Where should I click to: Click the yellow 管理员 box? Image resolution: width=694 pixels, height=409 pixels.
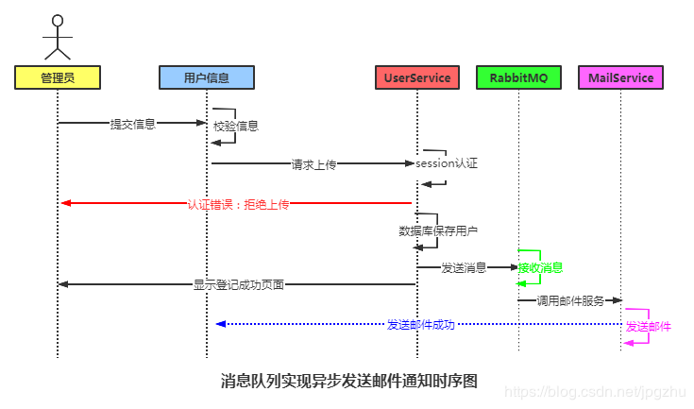pyautogui.click(x=58, y=77)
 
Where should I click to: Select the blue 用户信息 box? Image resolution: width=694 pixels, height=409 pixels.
pyautogui.click(x=206, y=77)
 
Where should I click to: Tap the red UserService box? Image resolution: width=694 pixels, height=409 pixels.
pyautogui.click(x=416, y=77)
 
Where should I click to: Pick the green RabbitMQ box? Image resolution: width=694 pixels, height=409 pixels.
pyautogui.click(x=518, y=77)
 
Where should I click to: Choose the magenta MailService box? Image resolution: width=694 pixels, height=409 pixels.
pyautogui.click(x=620, y=77)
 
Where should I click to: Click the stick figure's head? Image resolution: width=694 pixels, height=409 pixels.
pyautogui.click(x=58, y=21)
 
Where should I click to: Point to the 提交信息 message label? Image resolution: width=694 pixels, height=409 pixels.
pyautogui.click(x=133, y=123)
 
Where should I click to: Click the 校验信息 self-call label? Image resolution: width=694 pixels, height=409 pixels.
pyautogui.click(x=236, y=126)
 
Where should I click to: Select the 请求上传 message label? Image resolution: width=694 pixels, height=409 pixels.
pyautogui.click(x=313, y=163)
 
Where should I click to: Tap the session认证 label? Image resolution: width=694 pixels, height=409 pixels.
pyautogui.click(x=447, y=163)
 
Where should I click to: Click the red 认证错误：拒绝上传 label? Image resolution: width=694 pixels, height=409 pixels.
pyautogui.click(x=238, y=203)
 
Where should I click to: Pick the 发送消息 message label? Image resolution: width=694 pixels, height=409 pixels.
pyautogui.click(x=464, y=268)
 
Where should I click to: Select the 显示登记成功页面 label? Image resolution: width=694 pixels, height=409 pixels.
pyautogui.click(x=239, y=284)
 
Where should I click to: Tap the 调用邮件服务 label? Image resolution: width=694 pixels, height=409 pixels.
pyautogui.click(x=570, y=300)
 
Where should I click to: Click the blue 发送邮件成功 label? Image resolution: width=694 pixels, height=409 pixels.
pyautogui.click(x=421, y=324)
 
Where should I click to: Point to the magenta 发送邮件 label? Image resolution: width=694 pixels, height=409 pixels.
pyautogui.click(x=649, y=326)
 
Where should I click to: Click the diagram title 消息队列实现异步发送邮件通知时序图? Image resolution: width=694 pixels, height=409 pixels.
pyautogui.click(x=349, y=381)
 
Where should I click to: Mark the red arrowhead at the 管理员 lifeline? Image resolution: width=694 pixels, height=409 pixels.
pyautogui.click(x=64, y=203)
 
